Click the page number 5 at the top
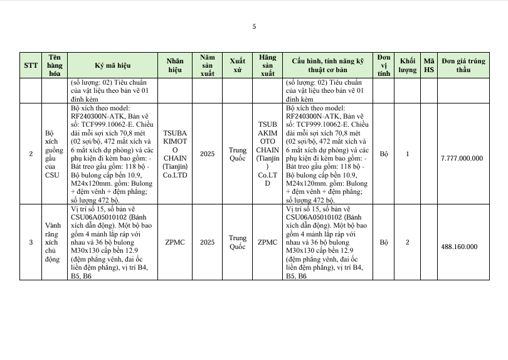[x=254, y=26]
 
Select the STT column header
[x=31, y=65]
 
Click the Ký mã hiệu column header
[x=113, y=65]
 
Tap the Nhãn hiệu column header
[x=175, y=65]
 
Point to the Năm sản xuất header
[x=208, y=65]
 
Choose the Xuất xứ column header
[x=237, y=65]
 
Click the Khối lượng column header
[x=408, y=65]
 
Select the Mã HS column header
[x=429, y=65]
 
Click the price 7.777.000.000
[x=462, y=158]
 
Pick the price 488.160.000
[x=462, y=246]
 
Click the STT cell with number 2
[x=31, y=154]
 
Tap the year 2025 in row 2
[x=208, y=154]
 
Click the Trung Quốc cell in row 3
[x=237, y=242]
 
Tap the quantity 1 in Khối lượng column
[x=408, y=154]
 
